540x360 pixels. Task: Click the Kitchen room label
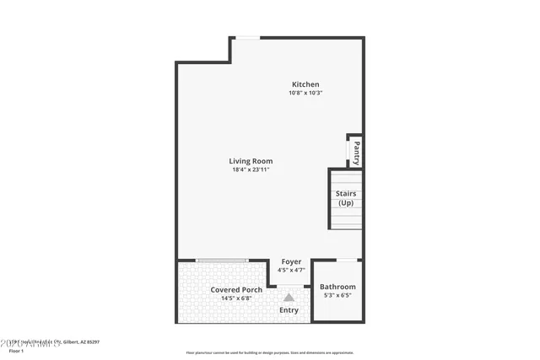[x=305, y=83]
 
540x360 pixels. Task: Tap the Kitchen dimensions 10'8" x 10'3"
[x=305, y=93]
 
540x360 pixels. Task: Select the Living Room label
[x=251, y=161]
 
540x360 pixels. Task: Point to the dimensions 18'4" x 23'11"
[x=251, y=170]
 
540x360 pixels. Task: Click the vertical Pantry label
[x=357, y=153]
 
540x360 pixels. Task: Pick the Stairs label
[x=346, y=194]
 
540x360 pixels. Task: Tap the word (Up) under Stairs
[x=346, y=203]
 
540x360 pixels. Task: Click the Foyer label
[x=291, y=262]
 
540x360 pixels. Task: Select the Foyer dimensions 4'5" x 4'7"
[x=292, y=271]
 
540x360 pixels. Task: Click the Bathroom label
[x=337, y=287]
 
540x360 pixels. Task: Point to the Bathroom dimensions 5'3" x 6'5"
[x=337, y=296]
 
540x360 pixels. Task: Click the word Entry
[x=289, y=310]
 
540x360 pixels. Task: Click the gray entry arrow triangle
[x=289, y=297]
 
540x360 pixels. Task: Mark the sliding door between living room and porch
[x=222, y=260]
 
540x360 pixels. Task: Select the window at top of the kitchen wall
[x=246, y=37]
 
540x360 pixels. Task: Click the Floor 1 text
[x=9, y=349]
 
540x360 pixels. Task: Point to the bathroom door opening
[x=347, y=260]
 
